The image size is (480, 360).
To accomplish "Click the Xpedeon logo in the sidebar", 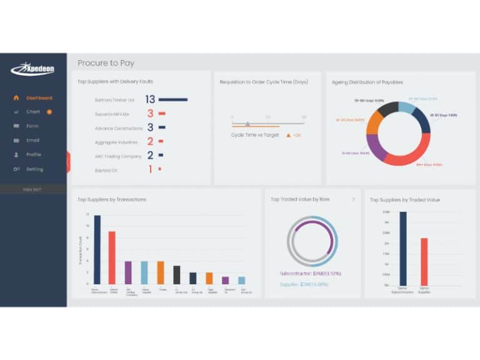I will [32, 69].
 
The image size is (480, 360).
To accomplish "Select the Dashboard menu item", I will [39, 97].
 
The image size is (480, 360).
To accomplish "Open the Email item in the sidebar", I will [32, 140].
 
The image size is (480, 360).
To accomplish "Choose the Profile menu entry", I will [34, 154].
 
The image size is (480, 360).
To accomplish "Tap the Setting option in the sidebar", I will [34, 169].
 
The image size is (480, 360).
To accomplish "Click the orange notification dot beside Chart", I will [49, 112].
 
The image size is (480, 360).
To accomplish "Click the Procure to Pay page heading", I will [106, 63].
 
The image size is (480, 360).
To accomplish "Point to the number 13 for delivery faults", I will [150, 99].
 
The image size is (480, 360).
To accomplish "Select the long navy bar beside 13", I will [173, 99].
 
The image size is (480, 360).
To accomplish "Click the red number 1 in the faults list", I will [150, 169].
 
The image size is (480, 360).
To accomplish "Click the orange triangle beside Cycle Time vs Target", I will [288, 135].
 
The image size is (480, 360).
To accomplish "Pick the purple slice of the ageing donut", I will [376, 147].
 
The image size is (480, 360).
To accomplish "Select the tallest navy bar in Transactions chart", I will [97, 249].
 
